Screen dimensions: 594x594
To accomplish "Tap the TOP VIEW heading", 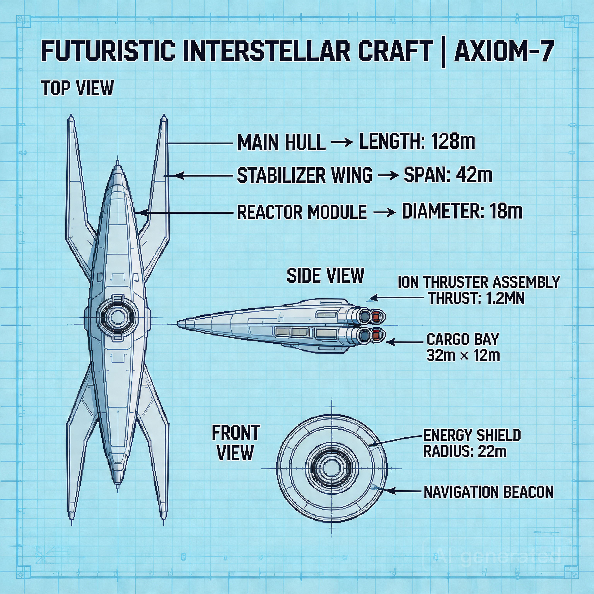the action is click(78, 88).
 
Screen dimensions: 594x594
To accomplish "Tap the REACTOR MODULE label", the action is click(302, 212).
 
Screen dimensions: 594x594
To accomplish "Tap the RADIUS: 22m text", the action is click(465, 451).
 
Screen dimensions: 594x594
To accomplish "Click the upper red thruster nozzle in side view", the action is click(378, 316).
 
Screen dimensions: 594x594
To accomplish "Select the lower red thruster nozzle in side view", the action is click(378, 335).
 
